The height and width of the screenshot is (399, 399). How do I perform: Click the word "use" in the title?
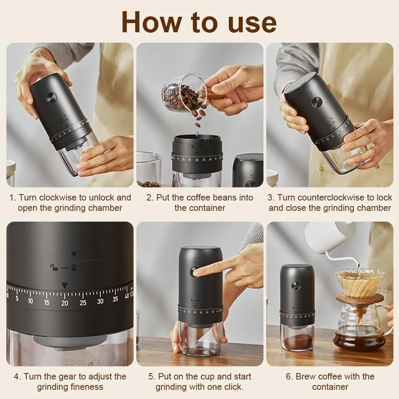point(252,23)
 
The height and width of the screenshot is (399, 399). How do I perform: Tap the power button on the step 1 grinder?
point(51,98)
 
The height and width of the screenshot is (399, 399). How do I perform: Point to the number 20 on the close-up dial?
point(65,303)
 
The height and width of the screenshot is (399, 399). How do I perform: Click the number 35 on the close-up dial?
point(115,299)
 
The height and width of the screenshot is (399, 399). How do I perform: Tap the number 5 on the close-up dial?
point(17,298)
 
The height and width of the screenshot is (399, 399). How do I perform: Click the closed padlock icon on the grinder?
point(74,267)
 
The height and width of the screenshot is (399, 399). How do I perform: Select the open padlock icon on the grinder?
point(54,267)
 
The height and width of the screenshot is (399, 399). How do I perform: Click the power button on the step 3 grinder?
point(317,102)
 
